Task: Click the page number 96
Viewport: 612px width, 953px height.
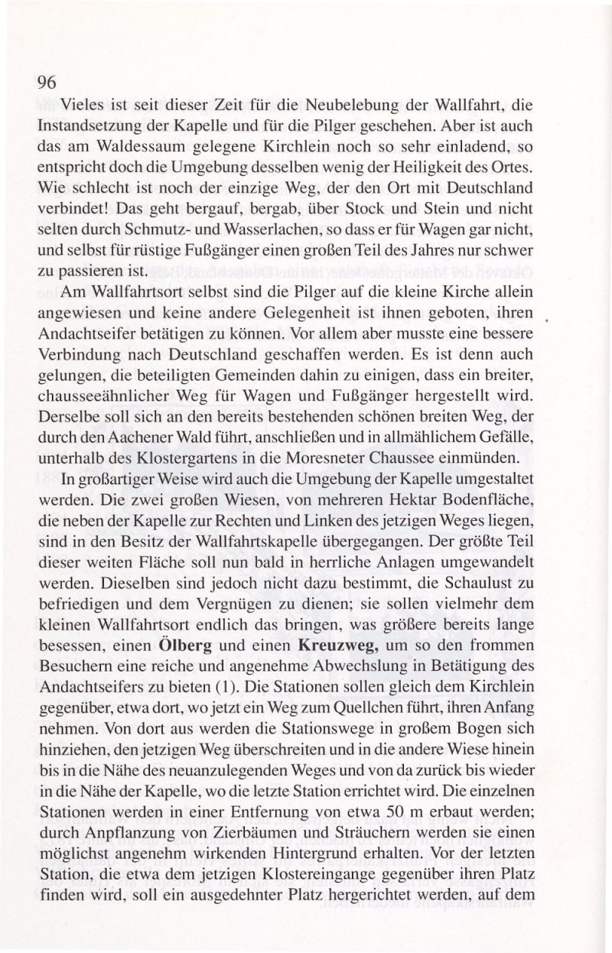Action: pos(47,84)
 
